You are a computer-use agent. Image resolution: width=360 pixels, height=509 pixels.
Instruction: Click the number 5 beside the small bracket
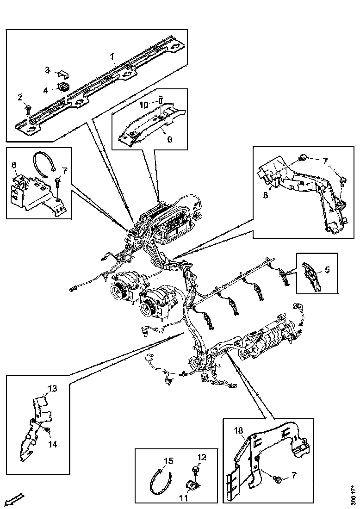pos(327,269)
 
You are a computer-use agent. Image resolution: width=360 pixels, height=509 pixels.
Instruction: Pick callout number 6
pos(14,165)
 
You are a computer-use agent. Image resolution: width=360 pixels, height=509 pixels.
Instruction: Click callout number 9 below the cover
pos(169,139)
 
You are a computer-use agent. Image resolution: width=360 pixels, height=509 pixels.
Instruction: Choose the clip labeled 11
pos(192,485)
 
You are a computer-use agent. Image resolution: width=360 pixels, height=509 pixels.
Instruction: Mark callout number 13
pos(53,388)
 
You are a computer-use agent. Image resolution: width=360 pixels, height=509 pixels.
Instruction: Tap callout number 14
pos(53,444)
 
